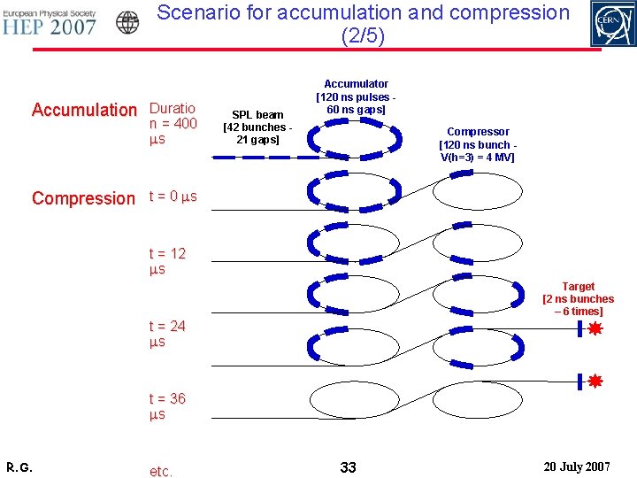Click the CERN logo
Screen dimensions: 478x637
(x=612, y=24)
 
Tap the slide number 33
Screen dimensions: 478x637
(x=348, y=466)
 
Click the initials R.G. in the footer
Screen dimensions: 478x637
(x=19, y=466)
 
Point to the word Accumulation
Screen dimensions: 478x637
(x=84, y=110)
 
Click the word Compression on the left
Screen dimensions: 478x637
(x=83, y=198)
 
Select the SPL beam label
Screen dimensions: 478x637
(x=257, y=127)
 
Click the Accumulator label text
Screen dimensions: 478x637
(x=356, y=96)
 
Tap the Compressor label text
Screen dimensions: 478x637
(x=478, y=144)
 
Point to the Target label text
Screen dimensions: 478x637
(x=578, y=299)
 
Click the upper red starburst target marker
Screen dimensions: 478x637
(x=595, y=329)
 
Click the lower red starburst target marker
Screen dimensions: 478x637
(x=595, y=382)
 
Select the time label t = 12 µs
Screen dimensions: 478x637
(x=167, y=261)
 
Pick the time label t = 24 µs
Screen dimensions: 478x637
(x=167, y=334)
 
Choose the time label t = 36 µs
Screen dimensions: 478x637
(x=167, y=406)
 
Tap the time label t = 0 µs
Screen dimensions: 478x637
(x=173, y=197)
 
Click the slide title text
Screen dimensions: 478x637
(x=363, y=24)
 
